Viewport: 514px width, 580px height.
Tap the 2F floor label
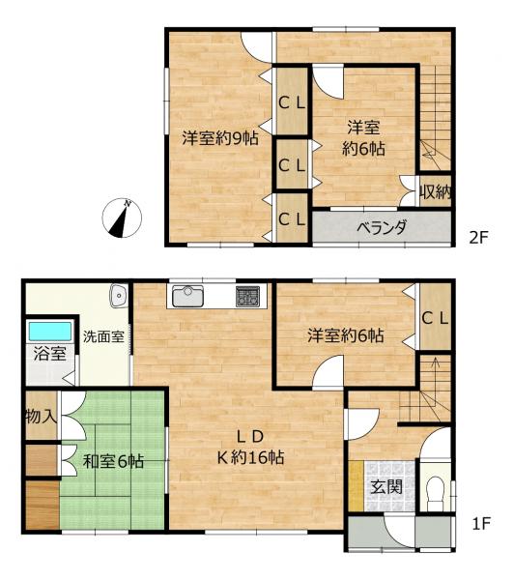coord(480,236)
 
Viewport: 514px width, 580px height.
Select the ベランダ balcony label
coord(381,228)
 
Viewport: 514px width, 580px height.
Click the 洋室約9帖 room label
coord(220,138)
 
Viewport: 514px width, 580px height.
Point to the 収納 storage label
coord(436,191)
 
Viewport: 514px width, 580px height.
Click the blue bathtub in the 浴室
coord(45,330)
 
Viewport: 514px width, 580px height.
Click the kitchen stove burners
coord(248,295)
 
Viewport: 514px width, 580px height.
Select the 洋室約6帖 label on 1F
coord(346,336)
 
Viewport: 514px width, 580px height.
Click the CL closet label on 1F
coord(435,317)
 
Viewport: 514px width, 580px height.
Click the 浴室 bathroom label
coord(44,353)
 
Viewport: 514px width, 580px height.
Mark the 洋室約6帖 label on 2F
coord(362,137)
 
